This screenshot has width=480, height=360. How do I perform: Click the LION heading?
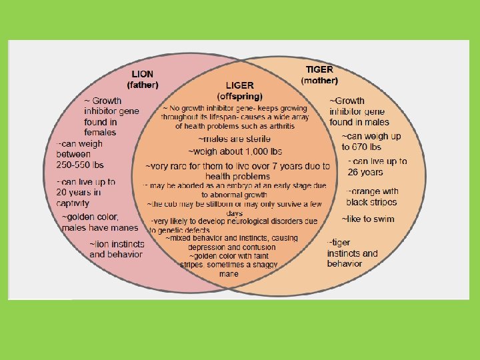143,74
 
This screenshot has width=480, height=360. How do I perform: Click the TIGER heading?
319,69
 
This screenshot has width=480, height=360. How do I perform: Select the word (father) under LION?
143,85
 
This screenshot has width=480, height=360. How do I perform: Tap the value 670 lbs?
366,147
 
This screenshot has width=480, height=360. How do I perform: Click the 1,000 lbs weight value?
261,152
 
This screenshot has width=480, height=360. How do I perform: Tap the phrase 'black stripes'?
371,202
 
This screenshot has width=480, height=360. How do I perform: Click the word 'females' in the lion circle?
100,132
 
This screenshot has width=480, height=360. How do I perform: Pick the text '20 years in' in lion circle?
79,192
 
